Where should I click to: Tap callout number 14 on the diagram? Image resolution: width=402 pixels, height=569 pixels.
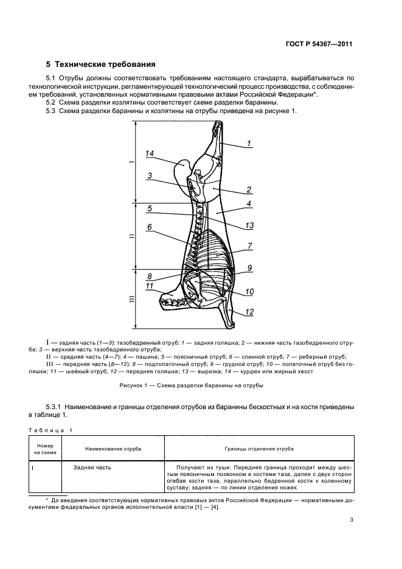point(150,154)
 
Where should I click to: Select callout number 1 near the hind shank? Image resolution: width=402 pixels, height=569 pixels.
point(249,143)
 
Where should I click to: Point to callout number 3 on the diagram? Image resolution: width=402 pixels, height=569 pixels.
point(150,176)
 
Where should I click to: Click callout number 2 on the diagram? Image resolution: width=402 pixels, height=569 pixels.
point(249,189)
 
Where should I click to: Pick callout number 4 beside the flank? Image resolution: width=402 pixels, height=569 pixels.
point(249,204)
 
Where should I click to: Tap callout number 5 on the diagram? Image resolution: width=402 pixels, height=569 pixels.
point(150,209)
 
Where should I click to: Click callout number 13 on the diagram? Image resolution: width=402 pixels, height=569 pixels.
point(249,226)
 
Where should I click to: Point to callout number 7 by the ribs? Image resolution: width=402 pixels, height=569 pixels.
point(249,246)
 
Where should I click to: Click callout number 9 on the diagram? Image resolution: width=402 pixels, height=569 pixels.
point(249,268)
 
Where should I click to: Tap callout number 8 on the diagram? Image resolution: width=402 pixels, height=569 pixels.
point(150,275)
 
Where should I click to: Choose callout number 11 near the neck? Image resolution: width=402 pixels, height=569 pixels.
point(150,286)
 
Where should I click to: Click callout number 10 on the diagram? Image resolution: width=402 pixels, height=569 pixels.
point(249,292)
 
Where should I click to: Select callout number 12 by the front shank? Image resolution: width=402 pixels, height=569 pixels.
point(249,312)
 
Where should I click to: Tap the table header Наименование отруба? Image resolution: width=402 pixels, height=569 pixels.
point(113,449)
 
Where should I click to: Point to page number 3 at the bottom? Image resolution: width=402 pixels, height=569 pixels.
point(352,520)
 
